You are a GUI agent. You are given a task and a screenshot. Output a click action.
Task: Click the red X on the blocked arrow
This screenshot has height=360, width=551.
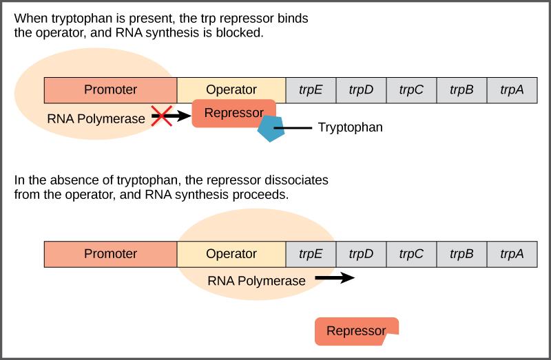click(161, 117)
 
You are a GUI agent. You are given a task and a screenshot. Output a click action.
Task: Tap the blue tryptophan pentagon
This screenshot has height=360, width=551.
click(271, 129)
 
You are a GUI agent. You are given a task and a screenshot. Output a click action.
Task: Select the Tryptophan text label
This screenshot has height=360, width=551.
click(350, 128)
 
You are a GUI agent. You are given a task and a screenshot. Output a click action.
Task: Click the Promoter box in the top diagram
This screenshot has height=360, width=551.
click(110, 89)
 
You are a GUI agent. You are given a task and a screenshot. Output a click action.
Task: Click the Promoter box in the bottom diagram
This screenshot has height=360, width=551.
click(110, 253)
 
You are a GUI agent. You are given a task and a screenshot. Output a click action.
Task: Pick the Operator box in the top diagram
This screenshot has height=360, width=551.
click(231, 89)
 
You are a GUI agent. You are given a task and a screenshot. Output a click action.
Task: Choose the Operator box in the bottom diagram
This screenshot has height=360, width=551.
click(231, 253)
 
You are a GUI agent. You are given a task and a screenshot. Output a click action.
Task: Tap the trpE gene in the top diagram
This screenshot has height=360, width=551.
click(311, 89)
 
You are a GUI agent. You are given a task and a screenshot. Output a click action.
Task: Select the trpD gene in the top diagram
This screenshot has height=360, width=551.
click(361, 89)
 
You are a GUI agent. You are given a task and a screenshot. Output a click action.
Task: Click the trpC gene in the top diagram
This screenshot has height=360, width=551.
click(411, 89)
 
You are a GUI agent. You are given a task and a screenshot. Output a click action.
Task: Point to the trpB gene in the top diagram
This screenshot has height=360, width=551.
click(461, 89)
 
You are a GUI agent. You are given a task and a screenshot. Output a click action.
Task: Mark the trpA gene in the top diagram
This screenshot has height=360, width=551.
click(512, 89)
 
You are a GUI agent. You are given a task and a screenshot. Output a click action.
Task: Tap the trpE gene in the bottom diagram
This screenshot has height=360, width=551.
click(311, 253)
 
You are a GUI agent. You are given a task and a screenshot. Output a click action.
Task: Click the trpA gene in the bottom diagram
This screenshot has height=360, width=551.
click(512, 253)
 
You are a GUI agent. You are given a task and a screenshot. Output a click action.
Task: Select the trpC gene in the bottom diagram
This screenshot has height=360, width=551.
click(411, 253)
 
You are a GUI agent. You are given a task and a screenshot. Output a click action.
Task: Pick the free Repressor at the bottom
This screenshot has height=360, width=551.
click(356, 331)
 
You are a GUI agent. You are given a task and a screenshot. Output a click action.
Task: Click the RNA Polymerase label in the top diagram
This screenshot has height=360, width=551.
click(96, 118)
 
